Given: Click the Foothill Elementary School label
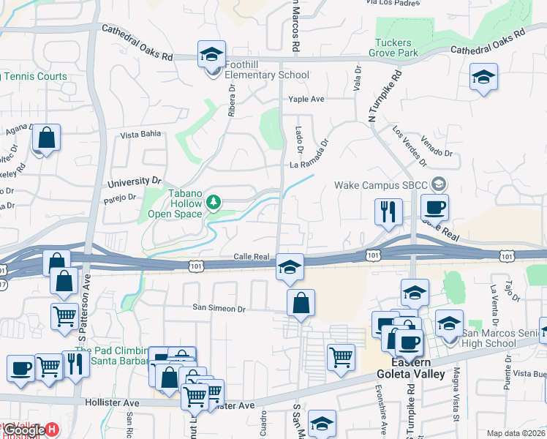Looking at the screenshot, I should click(266, 75).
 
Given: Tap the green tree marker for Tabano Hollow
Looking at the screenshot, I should click(214, 200).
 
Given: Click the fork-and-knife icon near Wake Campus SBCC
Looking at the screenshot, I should click(388, 211).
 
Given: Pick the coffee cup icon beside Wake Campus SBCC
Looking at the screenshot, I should click(434, 206).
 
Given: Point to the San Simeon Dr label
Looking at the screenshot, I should click(219, 308).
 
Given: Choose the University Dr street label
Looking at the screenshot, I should click(134, 181).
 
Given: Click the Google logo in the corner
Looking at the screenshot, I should click(23, 431).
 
